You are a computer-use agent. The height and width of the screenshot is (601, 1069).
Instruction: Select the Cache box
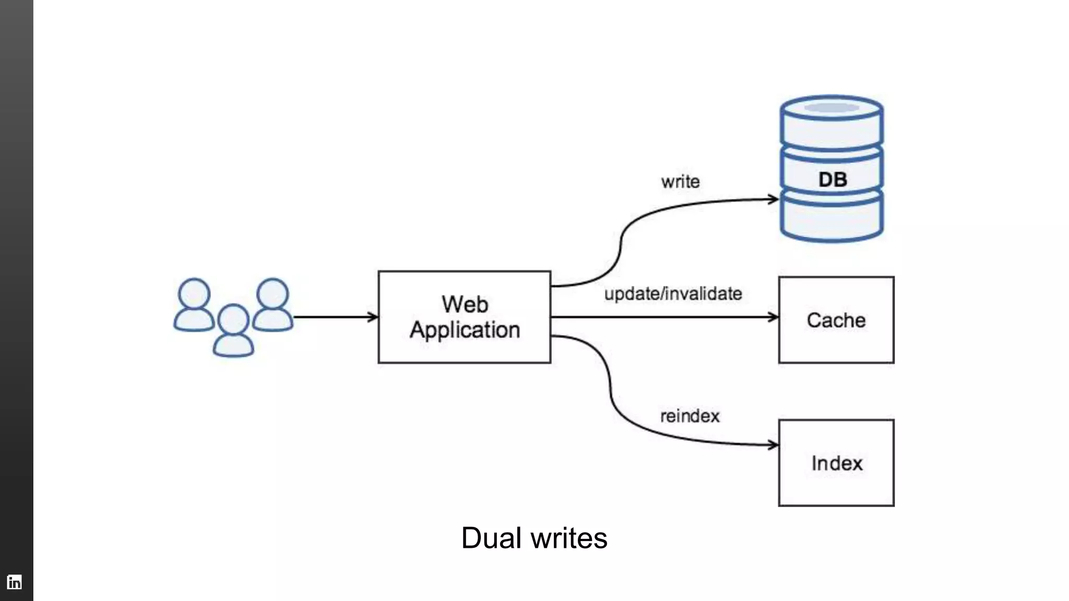tap(836, 320)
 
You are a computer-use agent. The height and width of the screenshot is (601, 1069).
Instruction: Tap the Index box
tap(836, 463)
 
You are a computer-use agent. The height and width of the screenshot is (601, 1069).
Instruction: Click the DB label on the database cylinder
tap(832, 179)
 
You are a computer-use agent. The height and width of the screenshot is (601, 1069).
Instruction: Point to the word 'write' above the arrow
tap(680, 182)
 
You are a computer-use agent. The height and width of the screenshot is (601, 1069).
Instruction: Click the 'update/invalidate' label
tap(673, 294)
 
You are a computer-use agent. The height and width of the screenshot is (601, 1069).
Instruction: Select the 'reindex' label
tap(690, 416)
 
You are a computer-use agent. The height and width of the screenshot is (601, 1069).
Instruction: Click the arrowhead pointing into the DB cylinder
tap(774, 199)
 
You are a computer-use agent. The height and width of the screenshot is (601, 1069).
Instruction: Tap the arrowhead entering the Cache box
tap(773, 317)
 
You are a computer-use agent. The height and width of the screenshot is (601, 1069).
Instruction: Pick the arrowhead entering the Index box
tap(773, 445)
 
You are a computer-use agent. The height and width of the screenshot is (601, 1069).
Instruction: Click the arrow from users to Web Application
tap(334, 317)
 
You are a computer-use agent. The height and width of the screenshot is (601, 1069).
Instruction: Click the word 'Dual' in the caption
tap(491, 538)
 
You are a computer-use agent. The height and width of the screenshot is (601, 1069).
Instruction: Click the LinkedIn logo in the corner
tap(15, 582)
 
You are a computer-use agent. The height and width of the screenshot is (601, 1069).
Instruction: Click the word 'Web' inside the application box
tap(465, 304)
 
